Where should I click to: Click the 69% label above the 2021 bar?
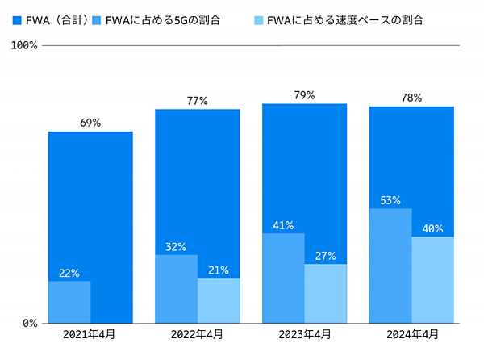pyautogui.click(x=90, y=123)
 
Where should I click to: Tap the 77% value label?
pyautogui.click(x=198, y=101)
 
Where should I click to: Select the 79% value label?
pyautogui.click(x=304, y=95)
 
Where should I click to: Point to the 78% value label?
pyautogui.click(x=411, y=98)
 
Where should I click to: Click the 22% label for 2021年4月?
pyautogui.click(x=69, y=273)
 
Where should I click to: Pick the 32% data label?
pyautogui.click(x=176, y=246)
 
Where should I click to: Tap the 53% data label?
pyautogui.click(x=390, y=200)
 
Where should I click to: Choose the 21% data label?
pyautogui.click(x=219, y=270)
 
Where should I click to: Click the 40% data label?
pyautogui.click(x=432, y=228)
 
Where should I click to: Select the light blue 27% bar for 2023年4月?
pyautogui.click(x=325, y=294)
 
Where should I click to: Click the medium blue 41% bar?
pyautogui.click(x=283, y=278)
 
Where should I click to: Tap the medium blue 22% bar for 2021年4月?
pyautogui.click(x=69, y=303)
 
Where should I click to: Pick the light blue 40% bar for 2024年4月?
pyautogui.click(x=432, y=280)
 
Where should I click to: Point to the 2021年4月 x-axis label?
pyautogui.click(x=90, y=334)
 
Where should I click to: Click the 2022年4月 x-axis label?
pyautogui.click(x=198, y=334)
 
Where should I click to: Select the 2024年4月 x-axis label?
pyautogui.click(x=411, y=334)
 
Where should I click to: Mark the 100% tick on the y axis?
pyautogui.click(x=24, y=45)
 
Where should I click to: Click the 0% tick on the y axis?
pyautogui.click(x=29, y=323)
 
